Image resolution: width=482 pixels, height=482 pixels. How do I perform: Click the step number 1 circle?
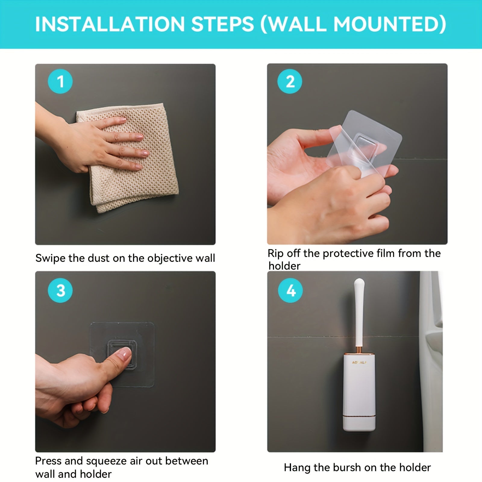click(60, 81)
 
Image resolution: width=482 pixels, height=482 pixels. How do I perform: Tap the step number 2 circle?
click(290, 81)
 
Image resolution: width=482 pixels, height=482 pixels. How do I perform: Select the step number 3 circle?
click(60, 290)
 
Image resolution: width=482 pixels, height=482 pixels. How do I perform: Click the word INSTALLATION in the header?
click(110, 24)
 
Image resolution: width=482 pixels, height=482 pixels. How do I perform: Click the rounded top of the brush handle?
click(359, 283)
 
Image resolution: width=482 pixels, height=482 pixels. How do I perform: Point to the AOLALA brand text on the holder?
click(359, 362)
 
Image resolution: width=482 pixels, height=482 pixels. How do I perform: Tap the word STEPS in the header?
click(223, 24)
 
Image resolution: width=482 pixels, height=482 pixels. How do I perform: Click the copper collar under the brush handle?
click(359, 350)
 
